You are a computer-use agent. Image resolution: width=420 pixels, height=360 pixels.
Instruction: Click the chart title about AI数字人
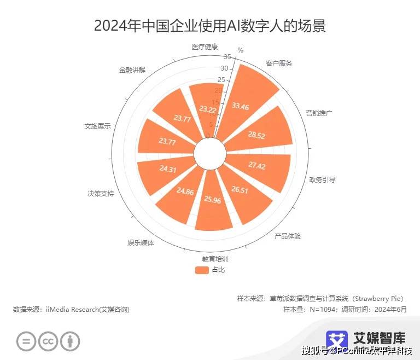209,25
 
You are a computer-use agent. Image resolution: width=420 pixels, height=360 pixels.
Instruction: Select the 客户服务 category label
279,63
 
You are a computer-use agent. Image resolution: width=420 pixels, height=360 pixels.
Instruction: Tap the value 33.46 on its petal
240,106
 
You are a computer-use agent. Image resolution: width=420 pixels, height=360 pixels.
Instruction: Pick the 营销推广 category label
319,113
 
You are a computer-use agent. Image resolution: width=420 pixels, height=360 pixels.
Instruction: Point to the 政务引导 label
322,179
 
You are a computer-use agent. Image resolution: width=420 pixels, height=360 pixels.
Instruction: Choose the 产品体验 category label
288,236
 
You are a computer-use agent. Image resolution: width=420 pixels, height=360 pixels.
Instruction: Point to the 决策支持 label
101,193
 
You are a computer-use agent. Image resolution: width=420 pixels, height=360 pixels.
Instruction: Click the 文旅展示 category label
97,126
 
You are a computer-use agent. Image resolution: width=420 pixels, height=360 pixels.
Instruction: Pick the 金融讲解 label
132,70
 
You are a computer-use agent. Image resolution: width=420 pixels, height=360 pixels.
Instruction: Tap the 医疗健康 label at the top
205,47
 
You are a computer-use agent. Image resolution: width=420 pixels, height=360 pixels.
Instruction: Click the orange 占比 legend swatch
202,270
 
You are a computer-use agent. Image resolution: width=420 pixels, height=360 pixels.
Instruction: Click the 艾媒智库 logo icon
337,341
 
